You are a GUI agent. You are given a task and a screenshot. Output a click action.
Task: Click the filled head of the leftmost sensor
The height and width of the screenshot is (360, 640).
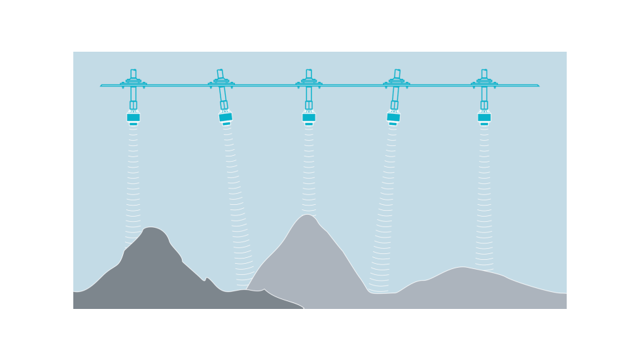(x=133, y=118)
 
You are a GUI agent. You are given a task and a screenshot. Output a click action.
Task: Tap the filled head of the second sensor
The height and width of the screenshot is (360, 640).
(x=226, y=117)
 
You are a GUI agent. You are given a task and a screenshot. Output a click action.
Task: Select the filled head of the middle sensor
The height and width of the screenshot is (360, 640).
(x=309, y=118)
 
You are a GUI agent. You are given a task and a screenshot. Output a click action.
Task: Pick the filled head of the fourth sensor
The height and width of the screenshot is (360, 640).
(x=393, y=117)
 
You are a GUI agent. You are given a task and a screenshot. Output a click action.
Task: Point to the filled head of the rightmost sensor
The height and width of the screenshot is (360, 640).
(x=484, y=118)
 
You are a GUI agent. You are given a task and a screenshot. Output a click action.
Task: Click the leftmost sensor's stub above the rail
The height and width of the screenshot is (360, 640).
(x=133, y=74)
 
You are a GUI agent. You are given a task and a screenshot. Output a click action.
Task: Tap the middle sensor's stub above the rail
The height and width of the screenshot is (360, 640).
(x=309, y=74)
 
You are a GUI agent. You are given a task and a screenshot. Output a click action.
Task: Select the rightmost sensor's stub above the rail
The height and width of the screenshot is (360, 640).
(x=484, y=74)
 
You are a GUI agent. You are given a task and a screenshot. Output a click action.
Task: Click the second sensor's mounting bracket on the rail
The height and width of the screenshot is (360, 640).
(x=221, y=82)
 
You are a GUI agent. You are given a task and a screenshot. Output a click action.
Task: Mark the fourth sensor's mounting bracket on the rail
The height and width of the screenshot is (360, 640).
(x=397, y=82)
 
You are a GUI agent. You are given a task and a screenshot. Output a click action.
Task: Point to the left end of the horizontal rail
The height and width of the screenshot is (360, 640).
(x=102, y=85)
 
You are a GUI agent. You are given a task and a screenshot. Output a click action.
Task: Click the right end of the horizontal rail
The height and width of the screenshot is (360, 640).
(x=537, y=85)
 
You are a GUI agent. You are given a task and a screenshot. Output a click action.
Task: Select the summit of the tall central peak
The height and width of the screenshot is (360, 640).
(x=306, y=215)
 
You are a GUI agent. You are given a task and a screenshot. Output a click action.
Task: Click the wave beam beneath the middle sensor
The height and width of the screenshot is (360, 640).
(x=309, y=170)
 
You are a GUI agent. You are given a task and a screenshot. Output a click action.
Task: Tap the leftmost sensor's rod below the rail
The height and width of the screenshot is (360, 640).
(x=133, y=95)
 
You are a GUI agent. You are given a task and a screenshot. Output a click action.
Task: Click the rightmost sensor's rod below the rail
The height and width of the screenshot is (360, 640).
(x=484, y=95)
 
